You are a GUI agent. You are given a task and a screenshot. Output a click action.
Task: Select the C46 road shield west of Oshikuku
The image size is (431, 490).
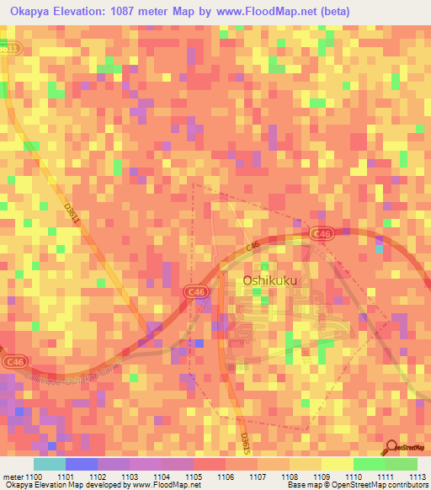pos(196,291)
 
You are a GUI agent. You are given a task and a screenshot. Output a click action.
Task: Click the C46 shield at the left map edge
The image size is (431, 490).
pos(13,361)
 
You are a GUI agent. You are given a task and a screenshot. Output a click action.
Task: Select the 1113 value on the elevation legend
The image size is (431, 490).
pos(418,477)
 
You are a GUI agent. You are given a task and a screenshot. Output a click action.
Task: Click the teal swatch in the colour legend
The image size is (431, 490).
pos(49,464)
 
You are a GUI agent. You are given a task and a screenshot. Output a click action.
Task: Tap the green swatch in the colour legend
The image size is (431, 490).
pos(385,464)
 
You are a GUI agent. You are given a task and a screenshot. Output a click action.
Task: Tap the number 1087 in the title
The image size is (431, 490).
pos(142,11)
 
